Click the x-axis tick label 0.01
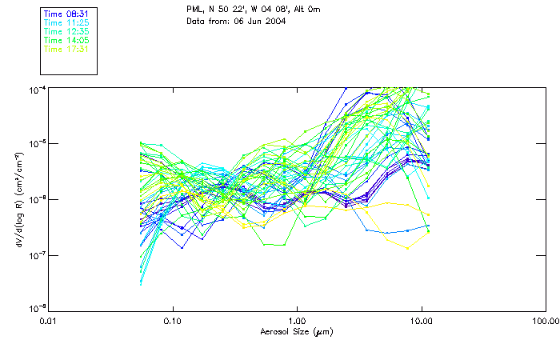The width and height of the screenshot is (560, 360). (48, 322)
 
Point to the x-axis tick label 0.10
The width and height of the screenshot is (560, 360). (172, 322)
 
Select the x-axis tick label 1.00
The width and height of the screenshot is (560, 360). (297, 322)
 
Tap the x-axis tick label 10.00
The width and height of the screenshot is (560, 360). (422, 322)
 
